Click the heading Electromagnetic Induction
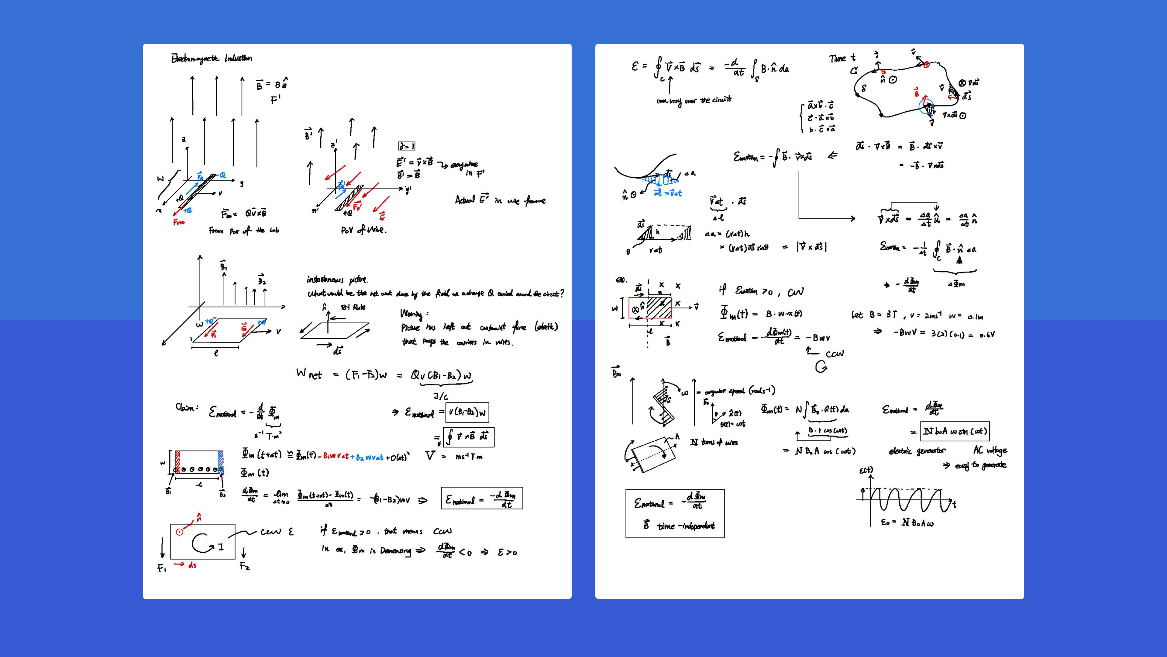[x=211, y=58]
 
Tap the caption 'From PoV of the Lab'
[x=244, y=231]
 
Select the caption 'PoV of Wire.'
[x=363, y=230]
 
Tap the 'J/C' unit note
[x=440, y=397]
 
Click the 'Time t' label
[x=842, y=58]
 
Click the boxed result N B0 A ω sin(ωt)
[x=955, y=431]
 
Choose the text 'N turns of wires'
[x=714, y=442]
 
